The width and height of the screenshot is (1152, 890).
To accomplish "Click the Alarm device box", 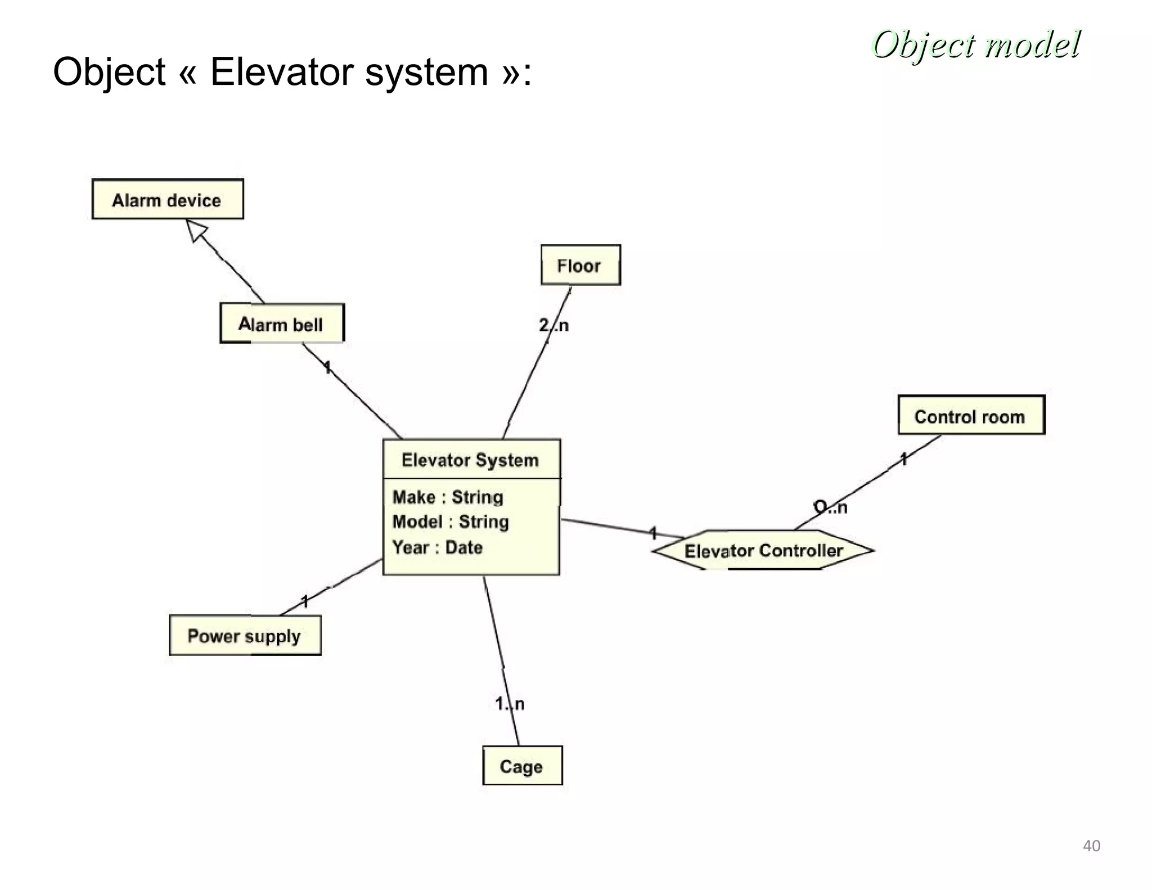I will (167, 200).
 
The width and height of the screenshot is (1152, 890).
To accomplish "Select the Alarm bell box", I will (281, 324).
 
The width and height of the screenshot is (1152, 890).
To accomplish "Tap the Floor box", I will (580, 266).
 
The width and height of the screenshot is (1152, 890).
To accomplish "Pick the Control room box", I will (970, 416).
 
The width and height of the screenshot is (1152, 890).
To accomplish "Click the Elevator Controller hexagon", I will (763, 550).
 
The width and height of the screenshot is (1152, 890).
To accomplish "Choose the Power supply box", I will (245, 636).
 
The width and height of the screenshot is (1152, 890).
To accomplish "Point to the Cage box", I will (522, 766).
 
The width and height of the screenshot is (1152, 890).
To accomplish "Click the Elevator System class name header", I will (470, 460).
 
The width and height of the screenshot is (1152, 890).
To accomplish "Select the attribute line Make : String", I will (448, 497).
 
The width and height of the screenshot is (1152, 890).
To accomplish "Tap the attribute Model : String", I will (451, 522).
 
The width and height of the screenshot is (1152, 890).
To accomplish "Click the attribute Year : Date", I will (437, 547).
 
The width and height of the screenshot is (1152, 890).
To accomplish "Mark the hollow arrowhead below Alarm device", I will (196, 230).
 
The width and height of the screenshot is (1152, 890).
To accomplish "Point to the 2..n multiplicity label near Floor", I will (553, 325).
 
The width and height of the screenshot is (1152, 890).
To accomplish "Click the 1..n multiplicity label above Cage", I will (510, 704).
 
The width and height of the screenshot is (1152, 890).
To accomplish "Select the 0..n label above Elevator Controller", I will (830, 507).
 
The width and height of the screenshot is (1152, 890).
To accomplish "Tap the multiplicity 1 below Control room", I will (903, 459).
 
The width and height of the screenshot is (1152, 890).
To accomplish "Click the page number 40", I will (1091, 846).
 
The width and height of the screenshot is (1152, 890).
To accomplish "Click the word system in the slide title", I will (426, 72).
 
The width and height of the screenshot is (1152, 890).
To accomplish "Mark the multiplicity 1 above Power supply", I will (305, 601).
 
